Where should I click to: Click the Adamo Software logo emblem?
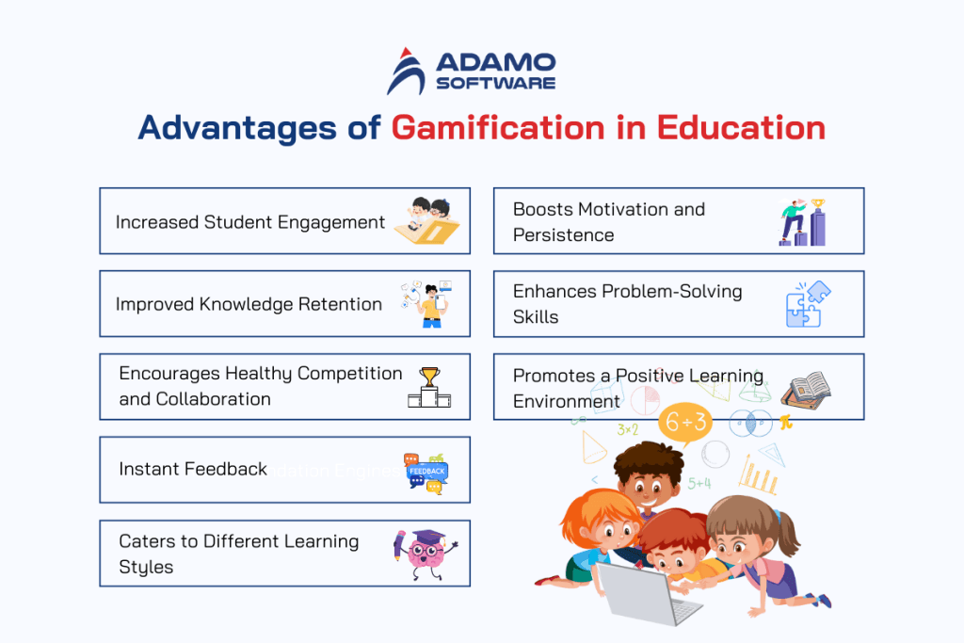(x=407, y=72)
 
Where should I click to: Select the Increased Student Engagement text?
(x=250, y=222)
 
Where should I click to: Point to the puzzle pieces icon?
(x=808, y=304)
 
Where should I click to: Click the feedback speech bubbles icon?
(x=426, y=471)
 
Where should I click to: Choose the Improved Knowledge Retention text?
(x=249, y=304)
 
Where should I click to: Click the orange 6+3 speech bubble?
(x=684, y=423)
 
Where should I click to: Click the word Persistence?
(x=563, y=235)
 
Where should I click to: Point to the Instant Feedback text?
(x=193, y=469)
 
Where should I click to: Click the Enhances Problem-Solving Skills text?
(x=627, y=304)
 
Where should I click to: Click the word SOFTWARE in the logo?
(x=495, y=83)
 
